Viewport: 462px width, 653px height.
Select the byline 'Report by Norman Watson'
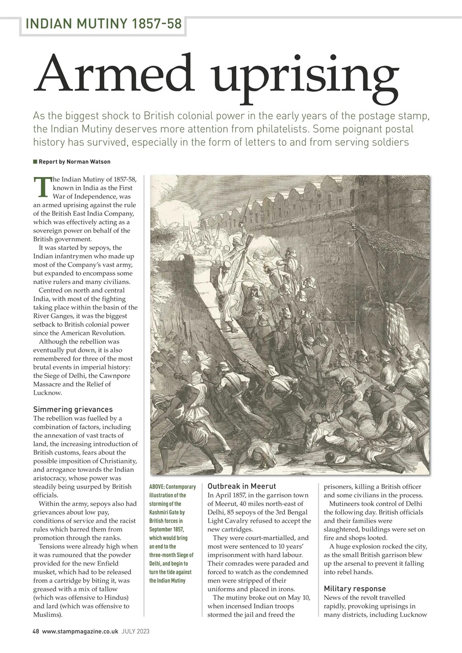click(x=75, y=162)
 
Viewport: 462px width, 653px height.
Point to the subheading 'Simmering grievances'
click(x=72, y=409)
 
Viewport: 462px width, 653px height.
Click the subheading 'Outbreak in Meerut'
click(x=241, y=486)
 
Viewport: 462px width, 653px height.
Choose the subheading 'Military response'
click(x=355, y=588)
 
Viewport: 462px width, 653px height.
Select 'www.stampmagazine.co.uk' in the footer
click(x=81, y=631)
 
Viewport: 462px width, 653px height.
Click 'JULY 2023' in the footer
click(x=135, y=631)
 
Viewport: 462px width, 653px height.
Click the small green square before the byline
click(x=35, y=162)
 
